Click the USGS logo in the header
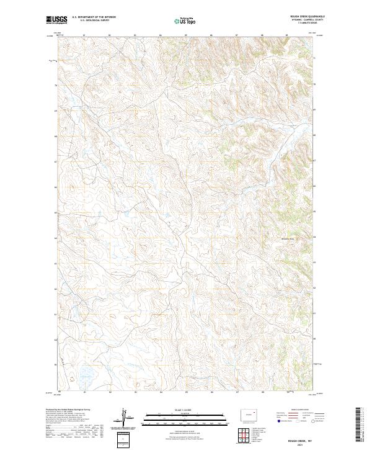pyautogui.click(x=57, y=20)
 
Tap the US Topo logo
pyautogui.click(x=187, y=22)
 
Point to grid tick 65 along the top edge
pyautogui.click(x=186, y=35)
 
